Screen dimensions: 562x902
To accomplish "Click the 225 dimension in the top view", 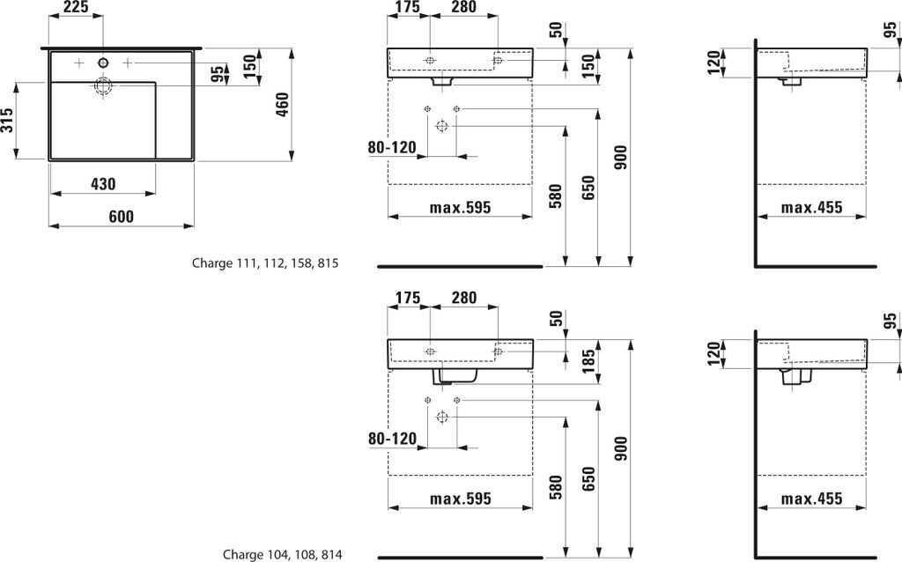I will tap(77, 8).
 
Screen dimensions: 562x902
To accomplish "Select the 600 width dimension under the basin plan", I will tap(121, 217).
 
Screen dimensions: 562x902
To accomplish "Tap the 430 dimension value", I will tap(103, 184).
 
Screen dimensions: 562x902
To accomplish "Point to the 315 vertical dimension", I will tap(8, 121).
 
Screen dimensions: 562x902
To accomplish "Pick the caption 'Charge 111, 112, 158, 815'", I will tap(265, 263).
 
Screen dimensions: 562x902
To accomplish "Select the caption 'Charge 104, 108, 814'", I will tap(282, 554).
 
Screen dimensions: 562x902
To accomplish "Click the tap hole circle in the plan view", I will tap(103, 63).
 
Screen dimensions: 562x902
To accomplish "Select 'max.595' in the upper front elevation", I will tap(460, 208).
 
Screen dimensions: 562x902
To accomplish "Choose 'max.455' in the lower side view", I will tap(812, 499).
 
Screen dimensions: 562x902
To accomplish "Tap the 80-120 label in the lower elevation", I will tap(392, 438).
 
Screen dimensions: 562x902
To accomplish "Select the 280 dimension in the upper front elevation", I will tap(463, 8).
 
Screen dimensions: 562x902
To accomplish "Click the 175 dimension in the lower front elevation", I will tap(407, 298).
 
